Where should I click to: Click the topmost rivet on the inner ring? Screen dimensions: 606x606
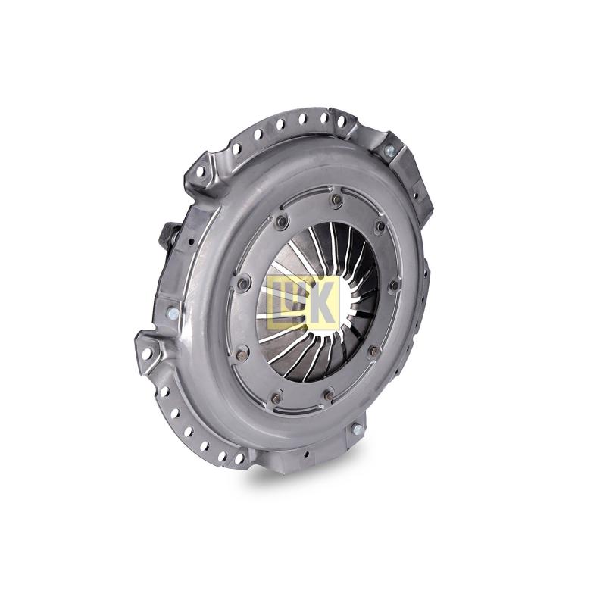337,199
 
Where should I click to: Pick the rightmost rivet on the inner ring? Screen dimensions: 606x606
394,286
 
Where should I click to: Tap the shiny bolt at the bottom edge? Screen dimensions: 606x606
355,429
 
